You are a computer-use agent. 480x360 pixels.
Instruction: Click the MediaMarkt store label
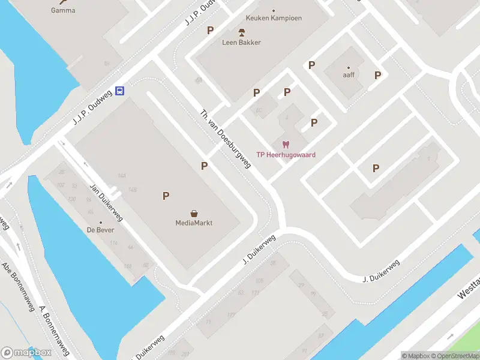pos(194,223)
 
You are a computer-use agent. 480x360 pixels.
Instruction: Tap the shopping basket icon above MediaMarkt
pos(194,213)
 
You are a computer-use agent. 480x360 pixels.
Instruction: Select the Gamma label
pos(63,10)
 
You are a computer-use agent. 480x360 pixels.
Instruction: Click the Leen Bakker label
pos(242,42)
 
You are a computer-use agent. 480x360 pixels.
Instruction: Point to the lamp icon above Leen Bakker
pos(242,32)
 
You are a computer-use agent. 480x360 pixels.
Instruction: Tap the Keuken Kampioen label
pos(274,18)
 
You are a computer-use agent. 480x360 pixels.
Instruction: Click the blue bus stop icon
pos(120,91)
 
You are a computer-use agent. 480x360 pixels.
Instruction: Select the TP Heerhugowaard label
pos(286,155)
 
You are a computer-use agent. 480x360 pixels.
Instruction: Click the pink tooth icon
pos(286,144)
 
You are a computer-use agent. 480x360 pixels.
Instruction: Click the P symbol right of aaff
pos(377,76)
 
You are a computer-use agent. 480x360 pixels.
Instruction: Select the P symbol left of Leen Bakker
pos(210,31)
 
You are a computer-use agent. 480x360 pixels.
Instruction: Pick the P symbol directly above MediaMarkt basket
pos(166,196)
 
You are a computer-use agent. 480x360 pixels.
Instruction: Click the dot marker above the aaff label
pos(349,68)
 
